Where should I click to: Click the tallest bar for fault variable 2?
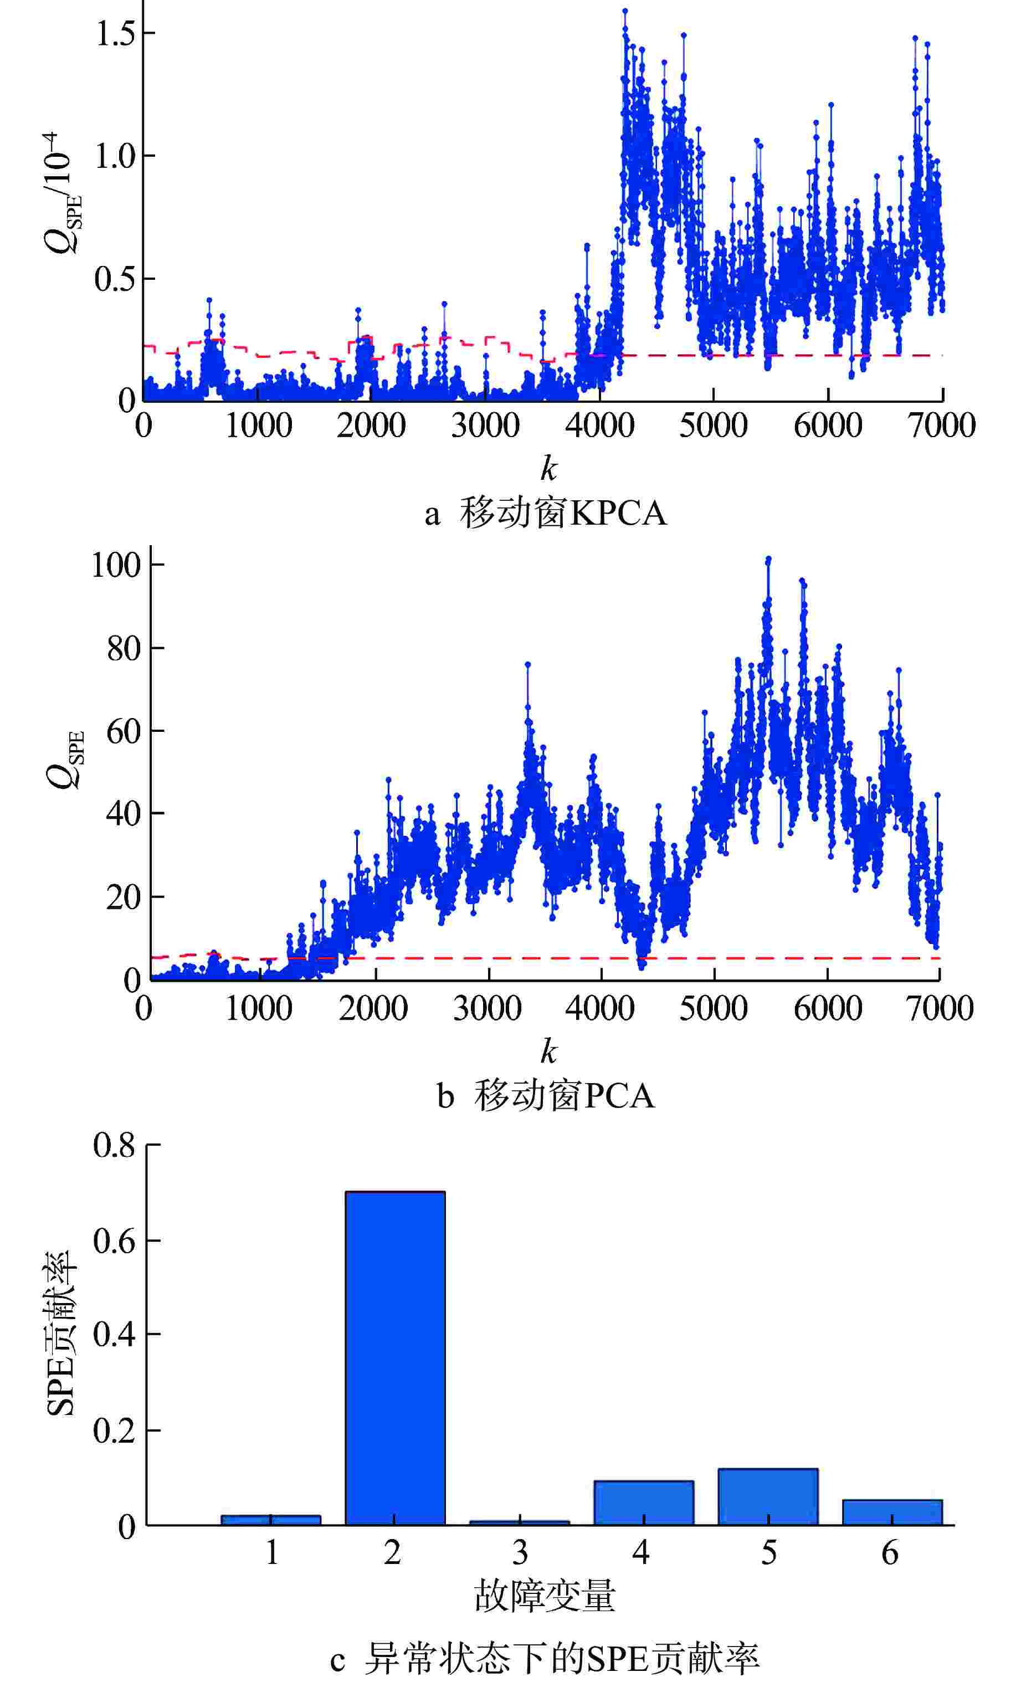(x=394, y=1358)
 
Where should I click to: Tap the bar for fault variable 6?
(x=891, y=1511)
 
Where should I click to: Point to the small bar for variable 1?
(x=270, y=1520)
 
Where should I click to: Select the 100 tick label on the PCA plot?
(x=116, y=565)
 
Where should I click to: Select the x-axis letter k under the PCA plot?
(x=548, y=1052)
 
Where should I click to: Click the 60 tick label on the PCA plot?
(x=123, y=732)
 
